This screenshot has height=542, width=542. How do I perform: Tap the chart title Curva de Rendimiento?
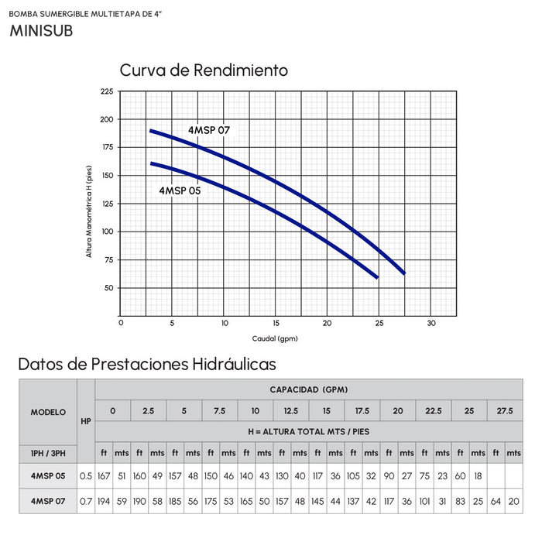(204, 70)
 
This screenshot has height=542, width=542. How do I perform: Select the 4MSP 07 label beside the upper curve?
(209, 130)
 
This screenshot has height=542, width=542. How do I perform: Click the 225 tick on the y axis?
(107, 91)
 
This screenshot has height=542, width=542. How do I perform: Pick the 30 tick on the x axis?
(431, 324)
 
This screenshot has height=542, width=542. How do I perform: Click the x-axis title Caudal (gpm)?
(275, 338)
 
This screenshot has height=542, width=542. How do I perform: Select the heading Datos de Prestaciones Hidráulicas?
(146, 363)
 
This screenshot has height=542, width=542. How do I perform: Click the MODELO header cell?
(48, 412)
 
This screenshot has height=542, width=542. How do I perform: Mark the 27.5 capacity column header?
(504, 410)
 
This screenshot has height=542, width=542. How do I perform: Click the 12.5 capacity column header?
(290, 410)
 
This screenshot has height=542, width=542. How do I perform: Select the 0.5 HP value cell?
(86, 475)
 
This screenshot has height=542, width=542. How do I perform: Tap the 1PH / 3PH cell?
(48, 451)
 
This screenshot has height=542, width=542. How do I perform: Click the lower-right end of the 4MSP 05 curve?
(377, 277)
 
